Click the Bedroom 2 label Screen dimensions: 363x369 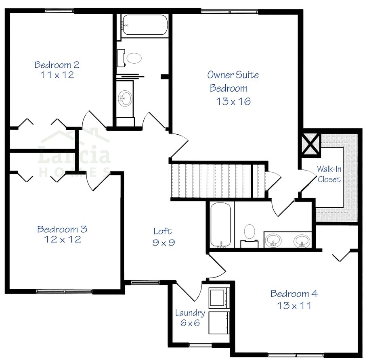(57, 65)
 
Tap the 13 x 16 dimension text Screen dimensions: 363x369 (233, 101)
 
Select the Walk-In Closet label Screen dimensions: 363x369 (329, 174)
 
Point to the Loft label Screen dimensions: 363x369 (162, 231)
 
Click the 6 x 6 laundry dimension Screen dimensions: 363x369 (190, 323)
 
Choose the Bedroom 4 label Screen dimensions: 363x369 (294, 294)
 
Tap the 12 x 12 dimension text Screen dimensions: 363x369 (62, 240)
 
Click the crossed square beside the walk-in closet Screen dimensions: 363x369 (311, 144)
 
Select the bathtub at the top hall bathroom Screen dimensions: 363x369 (145, 25)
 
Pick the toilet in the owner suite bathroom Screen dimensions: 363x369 (249, 233)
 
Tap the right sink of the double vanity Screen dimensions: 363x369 (302, 241)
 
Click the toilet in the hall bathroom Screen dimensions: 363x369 (133, 58)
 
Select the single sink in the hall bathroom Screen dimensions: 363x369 (126, 98)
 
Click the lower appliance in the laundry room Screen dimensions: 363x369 (218, 322)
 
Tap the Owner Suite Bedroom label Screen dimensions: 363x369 (233, 81)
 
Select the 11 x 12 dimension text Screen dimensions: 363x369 (57, 75)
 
